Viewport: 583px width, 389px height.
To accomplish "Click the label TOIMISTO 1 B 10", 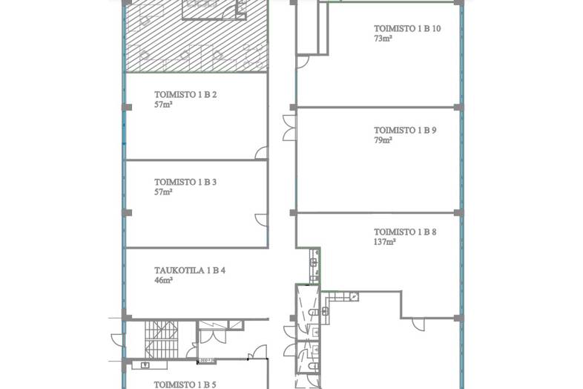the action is click(407, 28).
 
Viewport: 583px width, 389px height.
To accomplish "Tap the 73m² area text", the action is click(383, 39).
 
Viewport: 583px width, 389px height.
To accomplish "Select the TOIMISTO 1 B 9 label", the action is click(405, 131).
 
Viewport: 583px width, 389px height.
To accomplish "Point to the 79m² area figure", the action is click(383, 140).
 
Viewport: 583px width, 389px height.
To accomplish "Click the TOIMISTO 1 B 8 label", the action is click(405, 232).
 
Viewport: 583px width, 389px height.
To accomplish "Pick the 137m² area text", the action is click(384, 242).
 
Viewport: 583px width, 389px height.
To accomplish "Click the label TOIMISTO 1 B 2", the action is click(185, 94).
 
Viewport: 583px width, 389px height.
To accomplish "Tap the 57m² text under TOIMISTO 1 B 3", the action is click(164, 192).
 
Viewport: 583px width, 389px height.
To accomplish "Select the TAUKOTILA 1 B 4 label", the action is click(190, 270).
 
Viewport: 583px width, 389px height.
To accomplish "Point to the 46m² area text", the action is click(164, 281).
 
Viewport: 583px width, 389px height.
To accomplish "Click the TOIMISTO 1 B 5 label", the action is click(185, 385).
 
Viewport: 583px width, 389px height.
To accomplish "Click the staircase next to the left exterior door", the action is click(162, 340).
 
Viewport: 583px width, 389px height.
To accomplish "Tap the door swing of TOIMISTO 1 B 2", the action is click(261, 153).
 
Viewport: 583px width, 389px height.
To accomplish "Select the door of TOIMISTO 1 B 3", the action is click(261, 220).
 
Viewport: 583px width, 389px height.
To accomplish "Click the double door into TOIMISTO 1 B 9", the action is click(289, 128).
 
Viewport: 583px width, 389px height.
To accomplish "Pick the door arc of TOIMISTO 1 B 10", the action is click(303, 62).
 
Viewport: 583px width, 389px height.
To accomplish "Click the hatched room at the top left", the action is click(197, 36).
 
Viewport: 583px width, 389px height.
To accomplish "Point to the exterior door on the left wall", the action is click(118, 341).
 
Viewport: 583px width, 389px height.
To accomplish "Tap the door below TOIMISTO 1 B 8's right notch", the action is click(418, 324).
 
